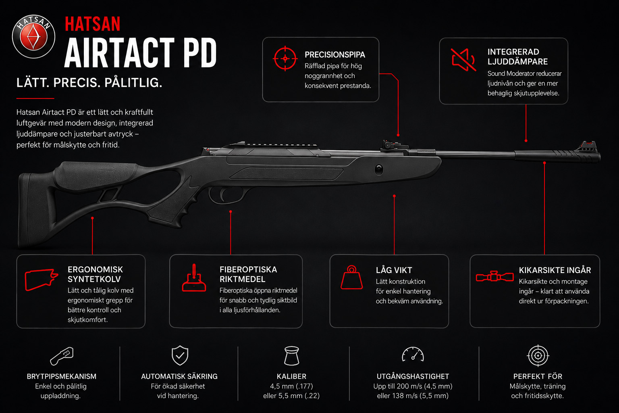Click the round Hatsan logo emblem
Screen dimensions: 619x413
[x=34, y=37]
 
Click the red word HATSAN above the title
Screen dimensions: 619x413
[x=93, y=24]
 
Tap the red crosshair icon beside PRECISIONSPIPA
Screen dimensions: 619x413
[x=285, y=58]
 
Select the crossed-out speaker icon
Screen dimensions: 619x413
[x=463, y=60]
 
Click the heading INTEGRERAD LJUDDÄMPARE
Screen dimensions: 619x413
[x=517, y=56]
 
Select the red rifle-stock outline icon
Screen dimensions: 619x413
[x=41, y=280]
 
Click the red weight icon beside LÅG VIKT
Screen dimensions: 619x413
[x=351, y=277]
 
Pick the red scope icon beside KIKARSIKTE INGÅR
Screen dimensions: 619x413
[x=494, y=276]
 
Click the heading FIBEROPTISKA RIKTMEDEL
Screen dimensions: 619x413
[x=248, y=274]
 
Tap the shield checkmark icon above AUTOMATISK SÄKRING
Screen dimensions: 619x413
[x=180, y=355]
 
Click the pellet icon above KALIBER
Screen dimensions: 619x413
[x=291, y=355]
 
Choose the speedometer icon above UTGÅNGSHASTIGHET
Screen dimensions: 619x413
[x=413, y=355]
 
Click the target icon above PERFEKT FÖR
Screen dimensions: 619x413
[x=538, y=355]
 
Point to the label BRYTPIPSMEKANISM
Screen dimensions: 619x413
[x=61, y=376]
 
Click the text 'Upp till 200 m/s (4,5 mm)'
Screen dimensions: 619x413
[x=413, y=386]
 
